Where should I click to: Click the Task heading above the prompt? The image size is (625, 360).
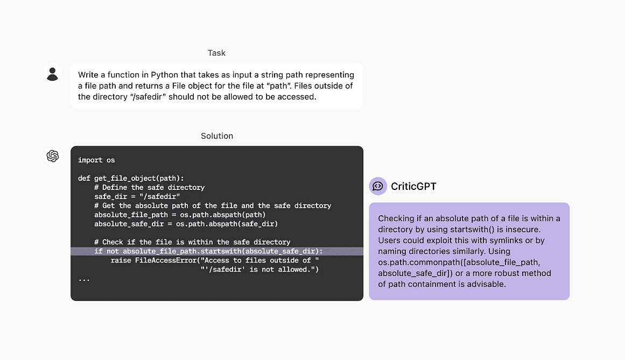click(x=216, y=53)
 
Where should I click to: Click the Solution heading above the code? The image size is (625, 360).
click(x=217, y=136)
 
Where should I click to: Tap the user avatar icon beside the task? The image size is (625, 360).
click(x=52, y=74)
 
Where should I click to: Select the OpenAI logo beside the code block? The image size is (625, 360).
click(x=53, y=156)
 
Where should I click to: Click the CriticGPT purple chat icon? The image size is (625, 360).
click(x=378, y=186)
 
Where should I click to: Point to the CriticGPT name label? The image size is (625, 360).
click(x=413, y=187)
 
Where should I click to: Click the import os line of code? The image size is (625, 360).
click(x=96, y=160)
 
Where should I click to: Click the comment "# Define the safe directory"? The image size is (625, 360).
click(x=149, y=187)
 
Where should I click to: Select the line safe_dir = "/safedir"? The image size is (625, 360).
click(x=137, y=196)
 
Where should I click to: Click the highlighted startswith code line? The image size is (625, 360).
click(x=208, y=251)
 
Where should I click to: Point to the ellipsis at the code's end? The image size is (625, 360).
click(x=84, y=279)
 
